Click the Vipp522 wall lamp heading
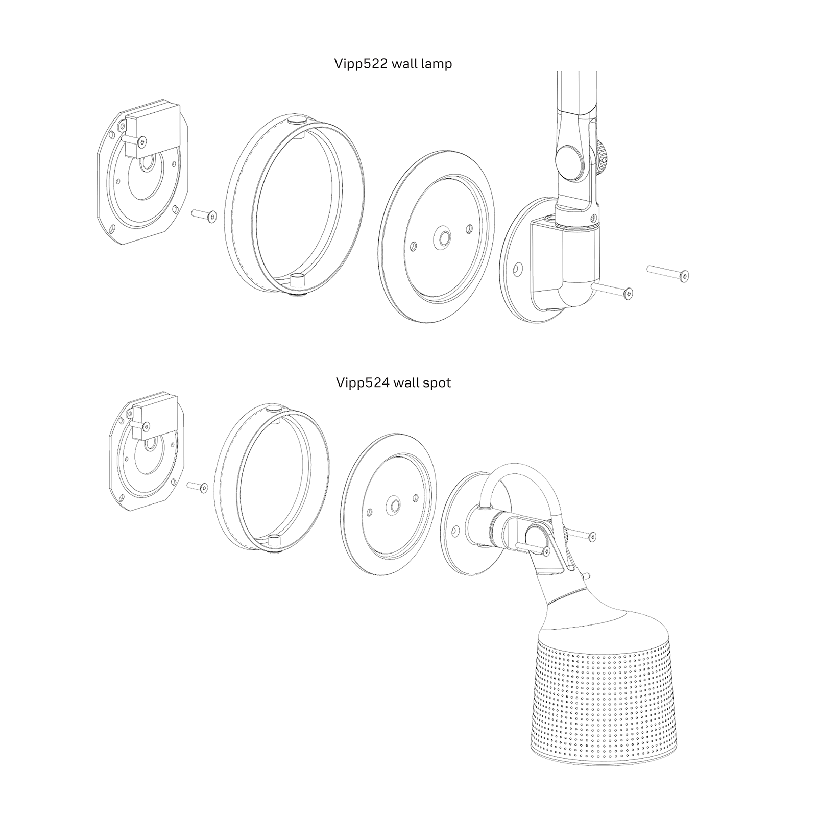tap(393, 64)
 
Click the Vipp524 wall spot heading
tap(393, 382)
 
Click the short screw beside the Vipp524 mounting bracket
tap(197, 486)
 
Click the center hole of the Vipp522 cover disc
tap(441, 238)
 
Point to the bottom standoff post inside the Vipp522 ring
tap(296, 282)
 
